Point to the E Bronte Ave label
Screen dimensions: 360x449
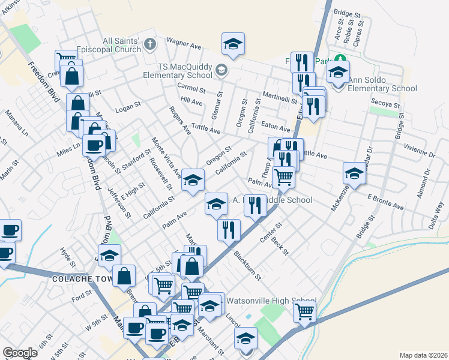click(x=385, y=200)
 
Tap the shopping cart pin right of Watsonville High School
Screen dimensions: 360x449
click(x=305, y=311)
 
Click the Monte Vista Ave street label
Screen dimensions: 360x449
click(x=166, y=158)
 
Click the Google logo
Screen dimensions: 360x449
click(x=20, y=353)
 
